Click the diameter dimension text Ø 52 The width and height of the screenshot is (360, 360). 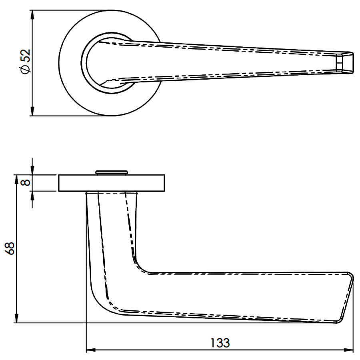(x=26, y=62)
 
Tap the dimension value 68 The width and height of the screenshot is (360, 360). (x=10, y=248)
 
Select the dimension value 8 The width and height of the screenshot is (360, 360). (x=26, y=182)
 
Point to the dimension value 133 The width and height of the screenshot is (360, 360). (x=220, y=343)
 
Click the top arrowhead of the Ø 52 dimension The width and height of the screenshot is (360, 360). (x=32, y=15)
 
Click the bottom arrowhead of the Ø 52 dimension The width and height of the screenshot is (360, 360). (x=32, y=111)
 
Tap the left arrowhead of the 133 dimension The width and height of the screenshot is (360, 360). (x=91, y=350)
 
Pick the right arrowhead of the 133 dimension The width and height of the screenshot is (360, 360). (x=348, y=350)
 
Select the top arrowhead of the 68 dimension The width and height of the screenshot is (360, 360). (x=16, y=180)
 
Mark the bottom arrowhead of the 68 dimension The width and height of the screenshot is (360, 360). (x=16, y=318)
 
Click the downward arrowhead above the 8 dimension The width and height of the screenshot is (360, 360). (x=32, y=170)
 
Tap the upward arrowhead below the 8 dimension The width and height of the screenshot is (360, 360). (x=32, y=196)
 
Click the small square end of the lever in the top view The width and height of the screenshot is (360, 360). (x=344, y=63)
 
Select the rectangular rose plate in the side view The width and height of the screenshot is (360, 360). (x=112, y=183)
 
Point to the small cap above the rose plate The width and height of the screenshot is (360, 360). (x=111, y=172)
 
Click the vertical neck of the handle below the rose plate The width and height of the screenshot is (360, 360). (x=112, y=230)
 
